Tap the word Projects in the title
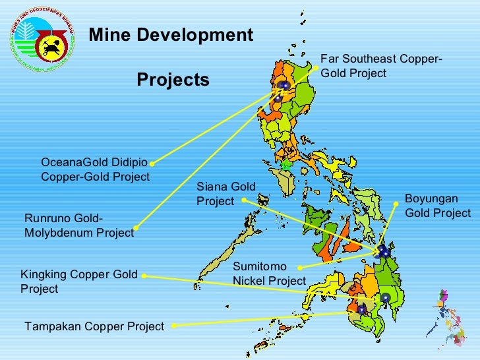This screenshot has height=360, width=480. (x=173, y=80)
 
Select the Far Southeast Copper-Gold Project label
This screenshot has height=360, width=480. (x=381, y=67)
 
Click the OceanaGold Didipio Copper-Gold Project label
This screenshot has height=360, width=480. (x=95, y=169)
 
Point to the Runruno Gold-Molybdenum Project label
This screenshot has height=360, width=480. (x=78, y=225)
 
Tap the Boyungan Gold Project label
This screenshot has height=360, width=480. (x=437, y=206)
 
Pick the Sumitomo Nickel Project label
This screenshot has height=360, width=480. (x=269, y=274)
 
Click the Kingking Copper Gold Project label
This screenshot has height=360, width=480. (x=79, y=282)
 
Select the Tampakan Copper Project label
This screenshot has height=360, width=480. (x=94, y=326)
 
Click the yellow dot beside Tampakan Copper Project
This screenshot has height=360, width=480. (x=173, y=325)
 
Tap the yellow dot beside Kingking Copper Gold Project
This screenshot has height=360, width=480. (x=144, y=276)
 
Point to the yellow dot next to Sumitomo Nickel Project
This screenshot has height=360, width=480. (x=300, y=268)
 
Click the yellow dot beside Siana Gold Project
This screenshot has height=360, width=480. (x=244, y=199)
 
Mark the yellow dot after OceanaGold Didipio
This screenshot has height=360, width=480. (x=152, y=163)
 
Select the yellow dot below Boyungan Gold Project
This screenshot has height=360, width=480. (x=397, y=204)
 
